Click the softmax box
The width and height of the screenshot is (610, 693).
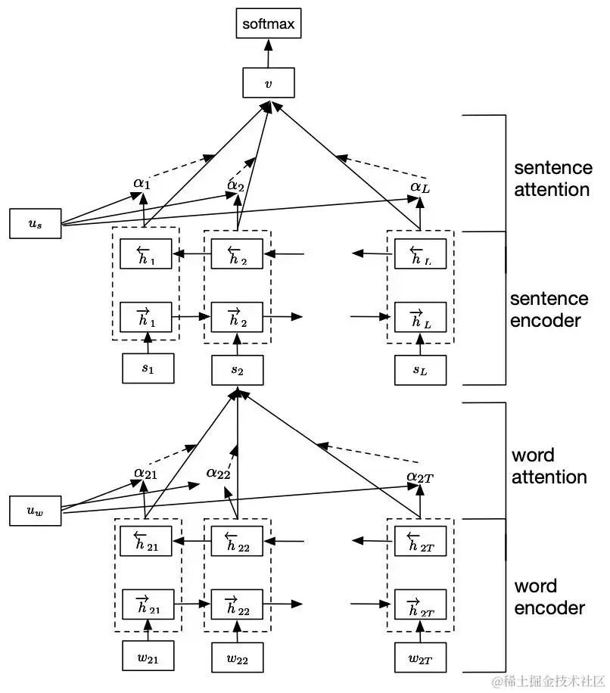pos(269,23)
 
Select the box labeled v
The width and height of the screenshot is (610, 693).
pos(269,82)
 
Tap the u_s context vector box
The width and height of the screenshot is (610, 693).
pos(36,224)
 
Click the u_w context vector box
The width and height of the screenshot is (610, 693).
pos(36,511)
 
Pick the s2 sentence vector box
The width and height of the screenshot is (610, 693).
pos(238,371)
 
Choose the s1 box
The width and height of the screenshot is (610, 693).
pos(148,368)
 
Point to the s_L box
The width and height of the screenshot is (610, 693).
pos(420,370)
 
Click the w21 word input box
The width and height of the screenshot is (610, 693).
pos(148,656)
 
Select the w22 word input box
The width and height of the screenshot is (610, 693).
pos(238,657)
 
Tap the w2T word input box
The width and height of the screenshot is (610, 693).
pos(420,657)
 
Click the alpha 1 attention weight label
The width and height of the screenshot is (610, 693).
pos(142,183)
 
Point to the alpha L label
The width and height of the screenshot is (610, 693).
pos(420,188)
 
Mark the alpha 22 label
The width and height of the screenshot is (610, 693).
pos(219,474)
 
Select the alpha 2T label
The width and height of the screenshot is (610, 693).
pos(420,477)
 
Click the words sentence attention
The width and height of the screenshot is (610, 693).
pos(553,179)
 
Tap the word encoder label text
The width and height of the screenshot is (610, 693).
pos(549,597)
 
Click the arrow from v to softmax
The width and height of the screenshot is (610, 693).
pos(269,53)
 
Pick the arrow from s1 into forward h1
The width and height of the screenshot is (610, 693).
pos(148,343)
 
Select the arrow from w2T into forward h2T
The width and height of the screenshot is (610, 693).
pos(420,632)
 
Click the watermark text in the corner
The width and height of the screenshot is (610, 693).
pos(548,681)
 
